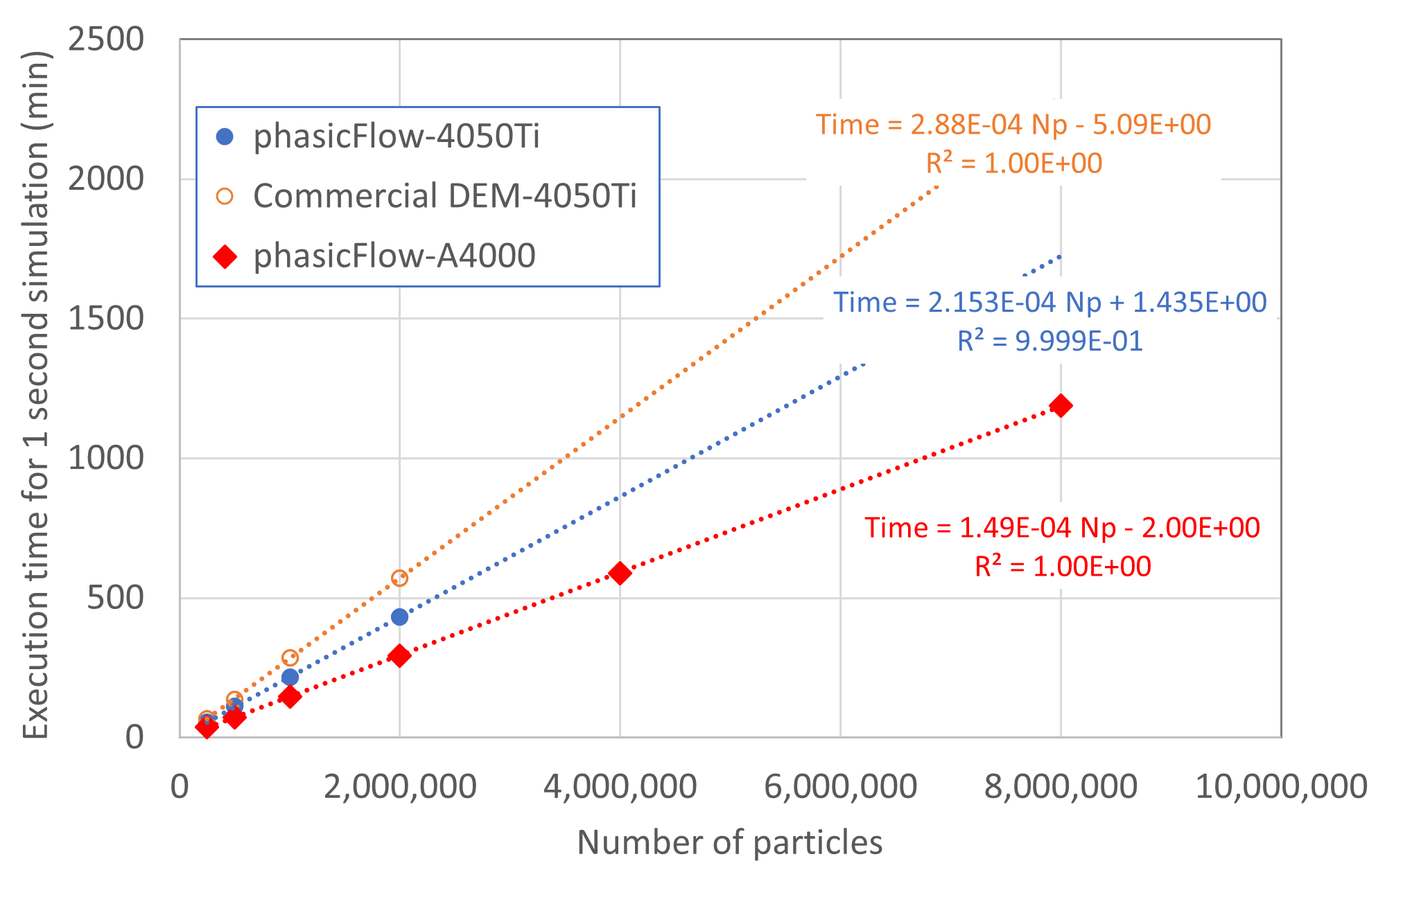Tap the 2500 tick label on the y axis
(x=106, y=39)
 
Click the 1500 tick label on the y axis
(x=106, y=319)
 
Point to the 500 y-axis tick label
(x=115, y=598)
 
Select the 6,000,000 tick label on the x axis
(x=840, y=787)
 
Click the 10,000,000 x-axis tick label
(x=1281, y=787)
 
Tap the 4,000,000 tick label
(x=620, y=787)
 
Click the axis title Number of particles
(x=729, y=843)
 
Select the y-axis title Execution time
(x=36, y=395)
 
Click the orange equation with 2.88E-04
(x=1013, y=125)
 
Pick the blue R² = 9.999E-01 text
(x=1049, y=342)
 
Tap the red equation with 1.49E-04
(x=1062, y=529)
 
